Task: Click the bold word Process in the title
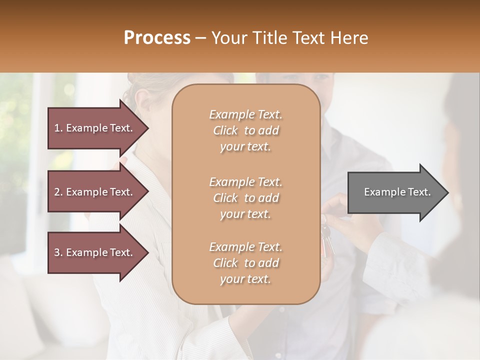(x=157, y=37)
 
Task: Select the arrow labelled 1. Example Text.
(x=95, y=128)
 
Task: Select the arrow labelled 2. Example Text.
(x=95, y=192)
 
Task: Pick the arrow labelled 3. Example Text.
(x=95, y=252)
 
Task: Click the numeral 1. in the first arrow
(x=58, y=128)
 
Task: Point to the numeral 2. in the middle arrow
(x=58, y=192)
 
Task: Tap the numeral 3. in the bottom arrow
(x=58, y=252)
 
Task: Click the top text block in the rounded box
(x=245, y=130)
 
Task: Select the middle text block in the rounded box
(x=245, y=198)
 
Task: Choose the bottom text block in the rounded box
(x=245, y=263)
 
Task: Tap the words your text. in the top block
(x=245, y=147)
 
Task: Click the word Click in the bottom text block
(x=225, y=263)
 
